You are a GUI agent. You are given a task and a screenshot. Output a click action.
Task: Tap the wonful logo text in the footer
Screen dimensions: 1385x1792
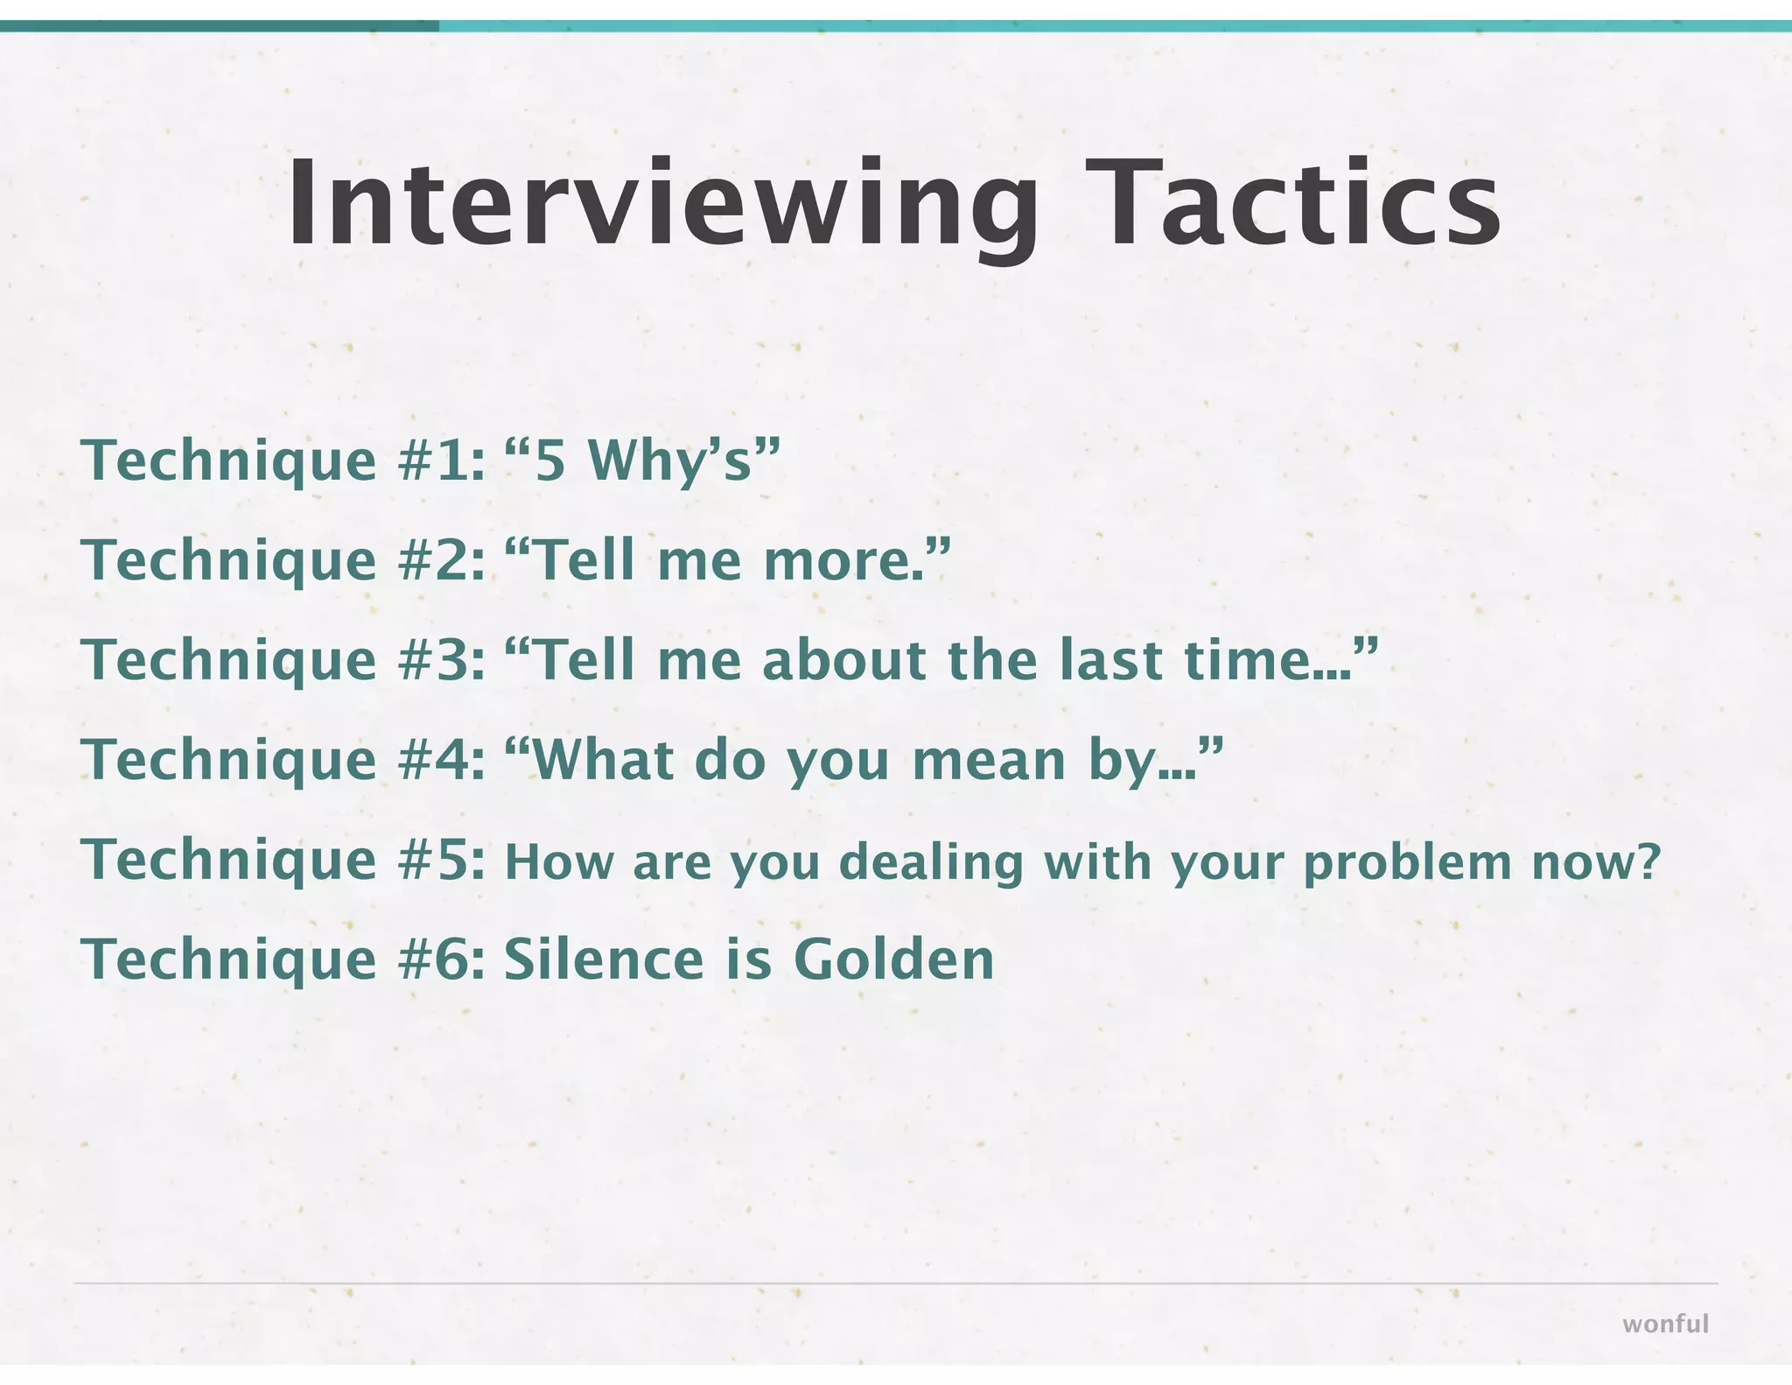click(x=1665, y=1324)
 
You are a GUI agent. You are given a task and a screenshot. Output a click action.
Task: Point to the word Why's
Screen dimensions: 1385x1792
click(x=669, y=460)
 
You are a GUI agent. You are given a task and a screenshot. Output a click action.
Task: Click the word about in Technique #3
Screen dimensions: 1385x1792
click(x=843, y=660)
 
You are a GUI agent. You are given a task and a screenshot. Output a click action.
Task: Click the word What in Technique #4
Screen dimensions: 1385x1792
click(x=604, y=760)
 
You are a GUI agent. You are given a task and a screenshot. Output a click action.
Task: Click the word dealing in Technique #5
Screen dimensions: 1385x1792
click(x=931, y=863)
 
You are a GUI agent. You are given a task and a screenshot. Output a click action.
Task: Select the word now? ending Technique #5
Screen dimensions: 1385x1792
click(x=1595, y=863)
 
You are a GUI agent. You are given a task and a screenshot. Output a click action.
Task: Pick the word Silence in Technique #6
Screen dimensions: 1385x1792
click(x=604, y=960)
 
